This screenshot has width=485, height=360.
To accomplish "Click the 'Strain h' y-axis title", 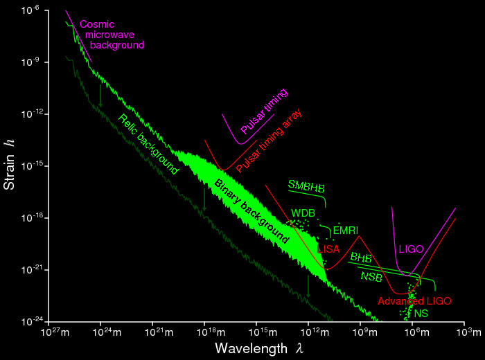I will coord(10,166).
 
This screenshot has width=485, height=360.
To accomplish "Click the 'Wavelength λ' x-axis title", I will coord(257,345).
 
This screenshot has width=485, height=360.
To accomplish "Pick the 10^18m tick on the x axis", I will coord(205,332).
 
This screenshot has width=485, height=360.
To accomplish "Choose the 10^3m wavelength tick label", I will coord(465,332).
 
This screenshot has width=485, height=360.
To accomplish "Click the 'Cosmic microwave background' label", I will coord(112,35).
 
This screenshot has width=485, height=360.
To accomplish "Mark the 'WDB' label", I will coord(303,213).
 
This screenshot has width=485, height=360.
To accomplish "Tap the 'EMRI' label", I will coord(345,230).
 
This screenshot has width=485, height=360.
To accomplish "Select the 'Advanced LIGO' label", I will coord(414,301).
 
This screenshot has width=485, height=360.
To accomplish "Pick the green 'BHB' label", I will coord(361,258).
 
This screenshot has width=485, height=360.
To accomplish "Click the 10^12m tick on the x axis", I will coord(309,332).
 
